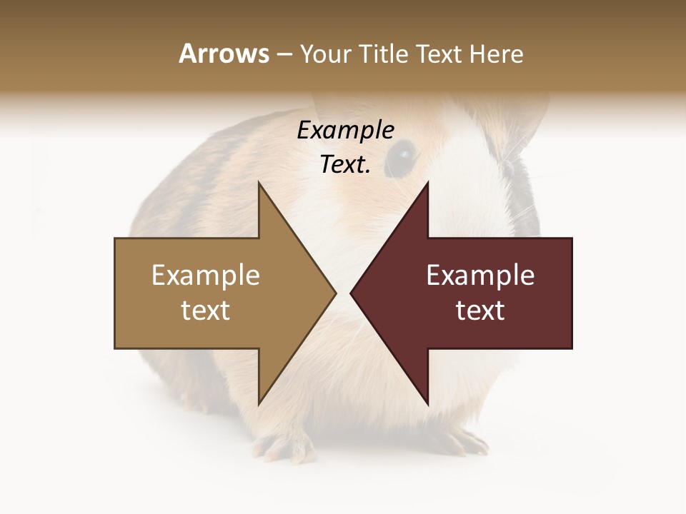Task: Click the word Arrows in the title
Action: point(224,54)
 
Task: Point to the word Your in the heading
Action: point(325,54)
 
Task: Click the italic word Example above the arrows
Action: point(346,131)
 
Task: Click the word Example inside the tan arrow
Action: point(206,276)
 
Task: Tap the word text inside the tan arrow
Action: point(206,311)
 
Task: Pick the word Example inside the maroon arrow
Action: point(480,276)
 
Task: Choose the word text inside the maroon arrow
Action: point(480,311)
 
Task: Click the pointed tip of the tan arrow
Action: point(335,293)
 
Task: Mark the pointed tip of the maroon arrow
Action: point(351,293)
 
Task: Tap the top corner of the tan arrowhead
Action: point(259,183)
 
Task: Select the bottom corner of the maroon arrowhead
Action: point(427,404)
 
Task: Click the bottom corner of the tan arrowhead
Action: point(259,404)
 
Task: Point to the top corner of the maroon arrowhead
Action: point(427,183)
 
